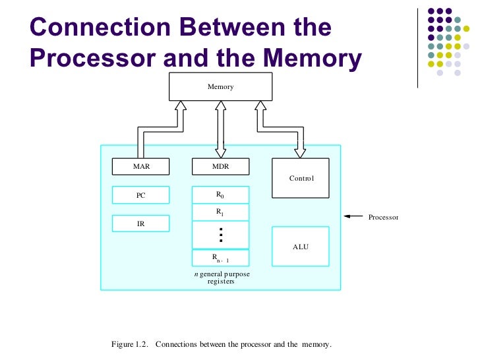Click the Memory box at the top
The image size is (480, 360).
click(220, 86)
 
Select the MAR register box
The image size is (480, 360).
click(141, 167)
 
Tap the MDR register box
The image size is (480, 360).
click(220, 167)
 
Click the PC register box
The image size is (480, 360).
click(141, 195)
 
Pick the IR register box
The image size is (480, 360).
click(141, 224)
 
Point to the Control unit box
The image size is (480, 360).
click(301, 178)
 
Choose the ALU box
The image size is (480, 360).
click(301, 247)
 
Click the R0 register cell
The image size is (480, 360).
click(220, 195)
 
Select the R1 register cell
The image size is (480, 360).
click(220, 212)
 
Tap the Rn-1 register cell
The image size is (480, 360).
click(220, 258)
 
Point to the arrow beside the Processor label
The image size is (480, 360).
click(353, 216)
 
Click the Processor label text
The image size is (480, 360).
click(383, 217)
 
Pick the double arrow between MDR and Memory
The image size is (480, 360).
click(220, 129)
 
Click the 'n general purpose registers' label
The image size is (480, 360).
click(221, 277)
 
